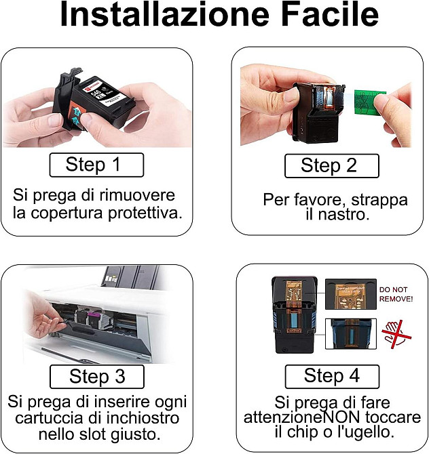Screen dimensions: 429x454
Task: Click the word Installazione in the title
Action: tap(164, 14)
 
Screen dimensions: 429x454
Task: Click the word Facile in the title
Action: tap(330, 14)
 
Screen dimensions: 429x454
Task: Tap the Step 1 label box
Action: tap(96, 165)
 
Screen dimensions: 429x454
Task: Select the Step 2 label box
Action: tap(332, 165)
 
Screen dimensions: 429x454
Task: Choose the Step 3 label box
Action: tap(97, 376)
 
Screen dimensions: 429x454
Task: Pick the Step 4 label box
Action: tap(332, 376)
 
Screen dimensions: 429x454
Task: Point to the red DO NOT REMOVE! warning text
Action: tap(396, 294)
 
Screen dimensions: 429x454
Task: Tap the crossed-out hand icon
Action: tap(396, 335)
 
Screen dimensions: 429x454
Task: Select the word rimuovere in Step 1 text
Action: tap(137, 195)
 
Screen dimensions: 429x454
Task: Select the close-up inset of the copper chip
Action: tap(351, 294)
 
